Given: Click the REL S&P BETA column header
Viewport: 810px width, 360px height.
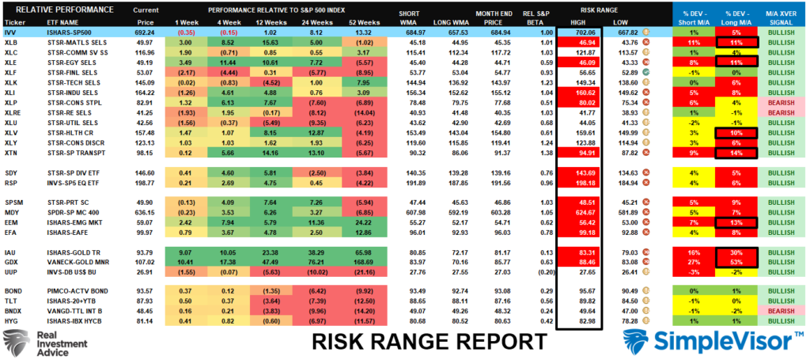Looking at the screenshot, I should tap(532, 18).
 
